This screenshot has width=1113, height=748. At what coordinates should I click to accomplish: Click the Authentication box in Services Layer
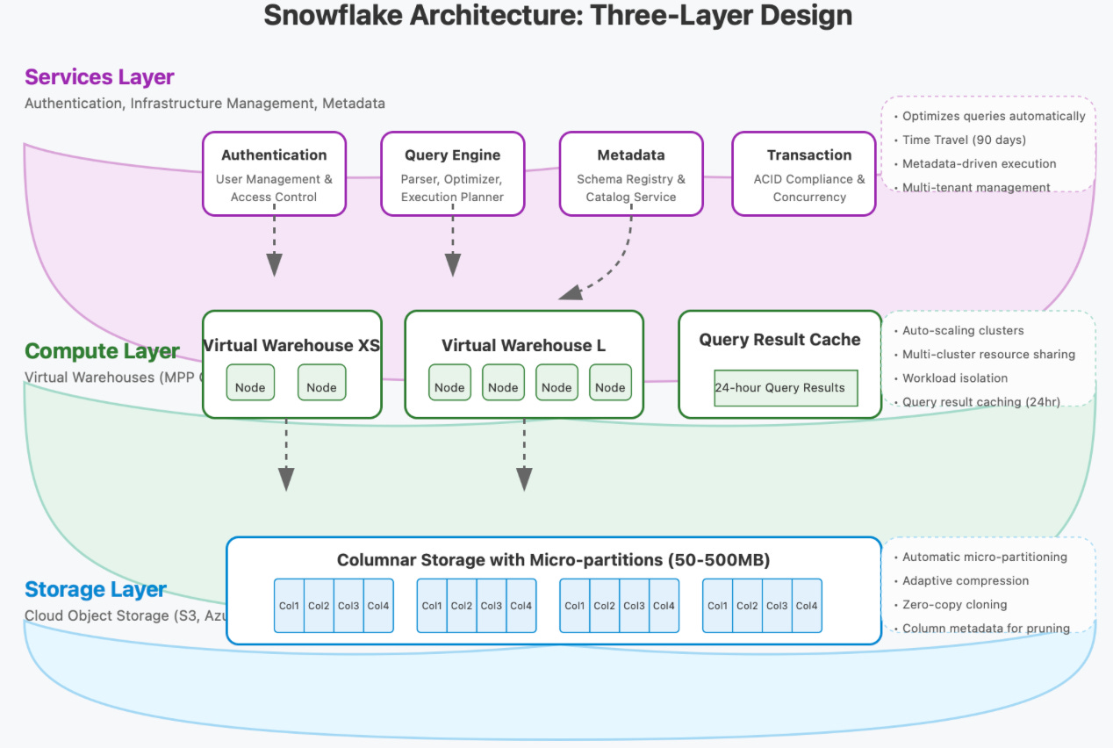pos(274,174)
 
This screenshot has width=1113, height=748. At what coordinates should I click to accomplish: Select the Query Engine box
pos(452,174)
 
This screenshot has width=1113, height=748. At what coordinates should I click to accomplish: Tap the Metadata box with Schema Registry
pos(631,174)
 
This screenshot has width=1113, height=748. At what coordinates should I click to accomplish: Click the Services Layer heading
pos(99,76)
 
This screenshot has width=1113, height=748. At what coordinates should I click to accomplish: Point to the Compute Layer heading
pos(102,351)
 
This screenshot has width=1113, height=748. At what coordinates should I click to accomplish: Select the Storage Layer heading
pos(96,589)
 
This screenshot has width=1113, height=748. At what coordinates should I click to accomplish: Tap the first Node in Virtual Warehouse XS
pos(250,387)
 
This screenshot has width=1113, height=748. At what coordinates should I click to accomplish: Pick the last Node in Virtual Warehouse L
pos(610,387)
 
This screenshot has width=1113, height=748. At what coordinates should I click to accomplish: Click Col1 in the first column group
pos(289,605)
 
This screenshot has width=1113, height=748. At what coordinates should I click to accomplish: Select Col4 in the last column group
pos(807,605)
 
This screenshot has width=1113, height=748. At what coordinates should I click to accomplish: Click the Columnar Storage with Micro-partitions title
pos(553,560)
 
